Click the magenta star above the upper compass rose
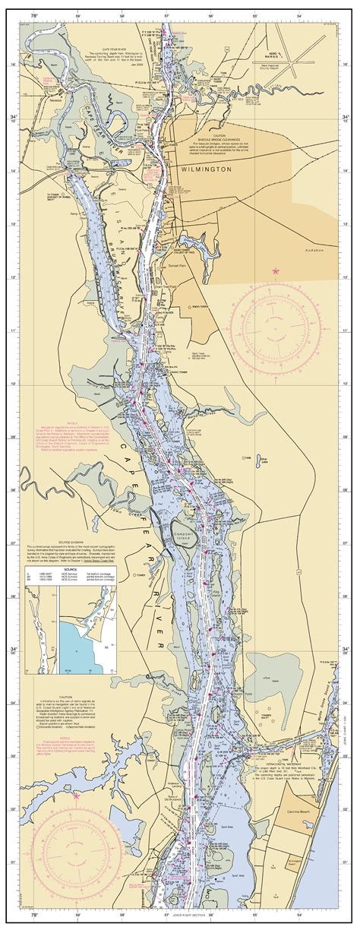point(276,271)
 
